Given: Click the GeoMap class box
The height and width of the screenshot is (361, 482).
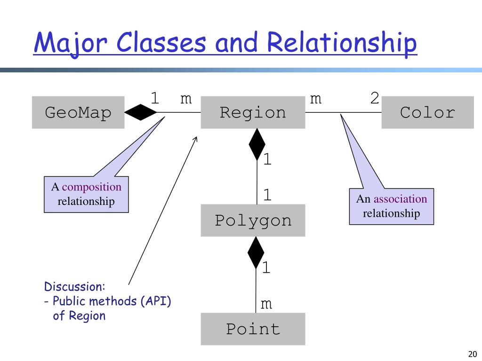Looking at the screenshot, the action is click(78, 112).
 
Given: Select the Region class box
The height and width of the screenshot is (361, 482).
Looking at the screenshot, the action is click(253, 112).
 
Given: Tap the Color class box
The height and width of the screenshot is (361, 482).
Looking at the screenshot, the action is click(427, 112).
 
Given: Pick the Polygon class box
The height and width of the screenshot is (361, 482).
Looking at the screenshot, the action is click(253, 220).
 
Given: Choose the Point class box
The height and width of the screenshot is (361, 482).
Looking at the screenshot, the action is click(253, 329).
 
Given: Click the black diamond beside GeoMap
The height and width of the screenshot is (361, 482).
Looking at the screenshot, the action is click(141, 112).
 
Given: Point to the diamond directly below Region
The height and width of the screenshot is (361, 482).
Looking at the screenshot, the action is click(257, 145).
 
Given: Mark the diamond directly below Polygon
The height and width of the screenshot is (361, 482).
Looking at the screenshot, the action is click(256, 253).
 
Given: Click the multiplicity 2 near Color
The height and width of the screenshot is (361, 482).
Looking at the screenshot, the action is click(374, 99).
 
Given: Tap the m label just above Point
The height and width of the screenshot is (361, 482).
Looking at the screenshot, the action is click(266, 304).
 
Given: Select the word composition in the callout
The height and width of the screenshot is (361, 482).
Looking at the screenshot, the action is click(92, 187).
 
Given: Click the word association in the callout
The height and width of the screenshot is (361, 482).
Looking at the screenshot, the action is click(400, 199).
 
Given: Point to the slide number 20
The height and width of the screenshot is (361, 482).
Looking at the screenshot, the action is click(473, 354).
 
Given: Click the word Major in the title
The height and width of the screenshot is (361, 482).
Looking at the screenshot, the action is click(71, 43).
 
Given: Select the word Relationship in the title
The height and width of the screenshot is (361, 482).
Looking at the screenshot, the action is click(342, 42).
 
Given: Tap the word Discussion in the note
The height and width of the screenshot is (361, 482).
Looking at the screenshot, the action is click(74, 286).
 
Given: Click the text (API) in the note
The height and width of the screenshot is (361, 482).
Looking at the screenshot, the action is click(156, 301).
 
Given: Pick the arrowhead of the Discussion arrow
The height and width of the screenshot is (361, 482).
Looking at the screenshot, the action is click(196, 138).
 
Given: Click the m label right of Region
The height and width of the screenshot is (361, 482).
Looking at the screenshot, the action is click(316, 99).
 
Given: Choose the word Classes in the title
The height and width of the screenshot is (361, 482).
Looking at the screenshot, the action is click(161, 42).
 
